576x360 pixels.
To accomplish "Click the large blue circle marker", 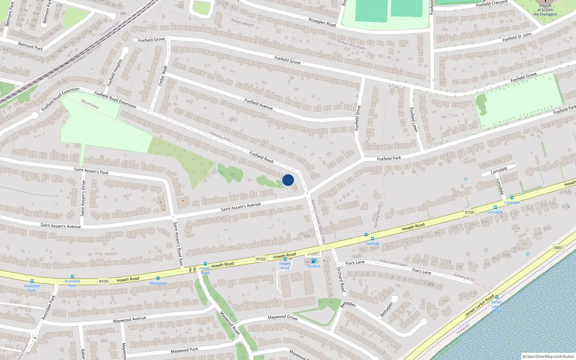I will point(288,180).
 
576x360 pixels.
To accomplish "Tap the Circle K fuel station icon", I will point(313,261).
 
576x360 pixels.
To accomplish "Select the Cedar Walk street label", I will point(162,75).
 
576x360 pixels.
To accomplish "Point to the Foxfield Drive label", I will point(357,118).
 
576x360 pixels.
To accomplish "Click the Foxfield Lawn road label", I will point(414,120).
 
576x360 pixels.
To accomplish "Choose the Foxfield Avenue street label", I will point(258,104).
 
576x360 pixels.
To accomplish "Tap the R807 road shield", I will point(558,248).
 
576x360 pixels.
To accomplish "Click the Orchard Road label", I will point(341,279).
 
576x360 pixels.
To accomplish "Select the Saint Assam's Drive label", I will point(83,198).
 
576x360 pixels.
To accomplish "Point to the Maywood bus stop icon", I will point(158,278).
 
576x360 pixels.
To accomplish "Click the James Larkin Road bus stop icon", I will point(497,297).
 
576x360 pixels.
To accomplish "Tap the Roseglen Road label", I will point(322,22).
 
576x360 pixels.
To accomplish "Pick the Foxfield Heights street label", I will point(115,73).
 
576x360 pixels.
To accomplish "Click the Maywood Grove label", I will point(283,317).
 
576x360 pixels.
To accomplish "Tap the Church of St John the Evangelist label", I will point(545,10).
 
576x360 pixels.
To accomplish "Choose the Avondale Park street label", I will point(49,307).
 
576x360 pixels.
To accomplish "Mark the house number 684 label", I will point(306,236).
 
